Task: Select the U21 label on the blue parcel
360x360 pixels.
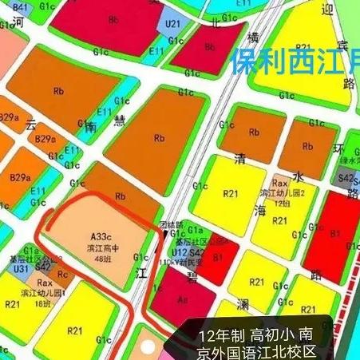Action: pos(172,24)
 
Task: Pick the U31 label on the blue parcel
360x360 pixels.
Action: pos(22,269)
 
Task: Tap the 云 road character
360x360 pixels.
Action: pos(32,125)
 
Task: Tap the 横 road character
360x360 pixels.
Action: pos(253,38)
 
